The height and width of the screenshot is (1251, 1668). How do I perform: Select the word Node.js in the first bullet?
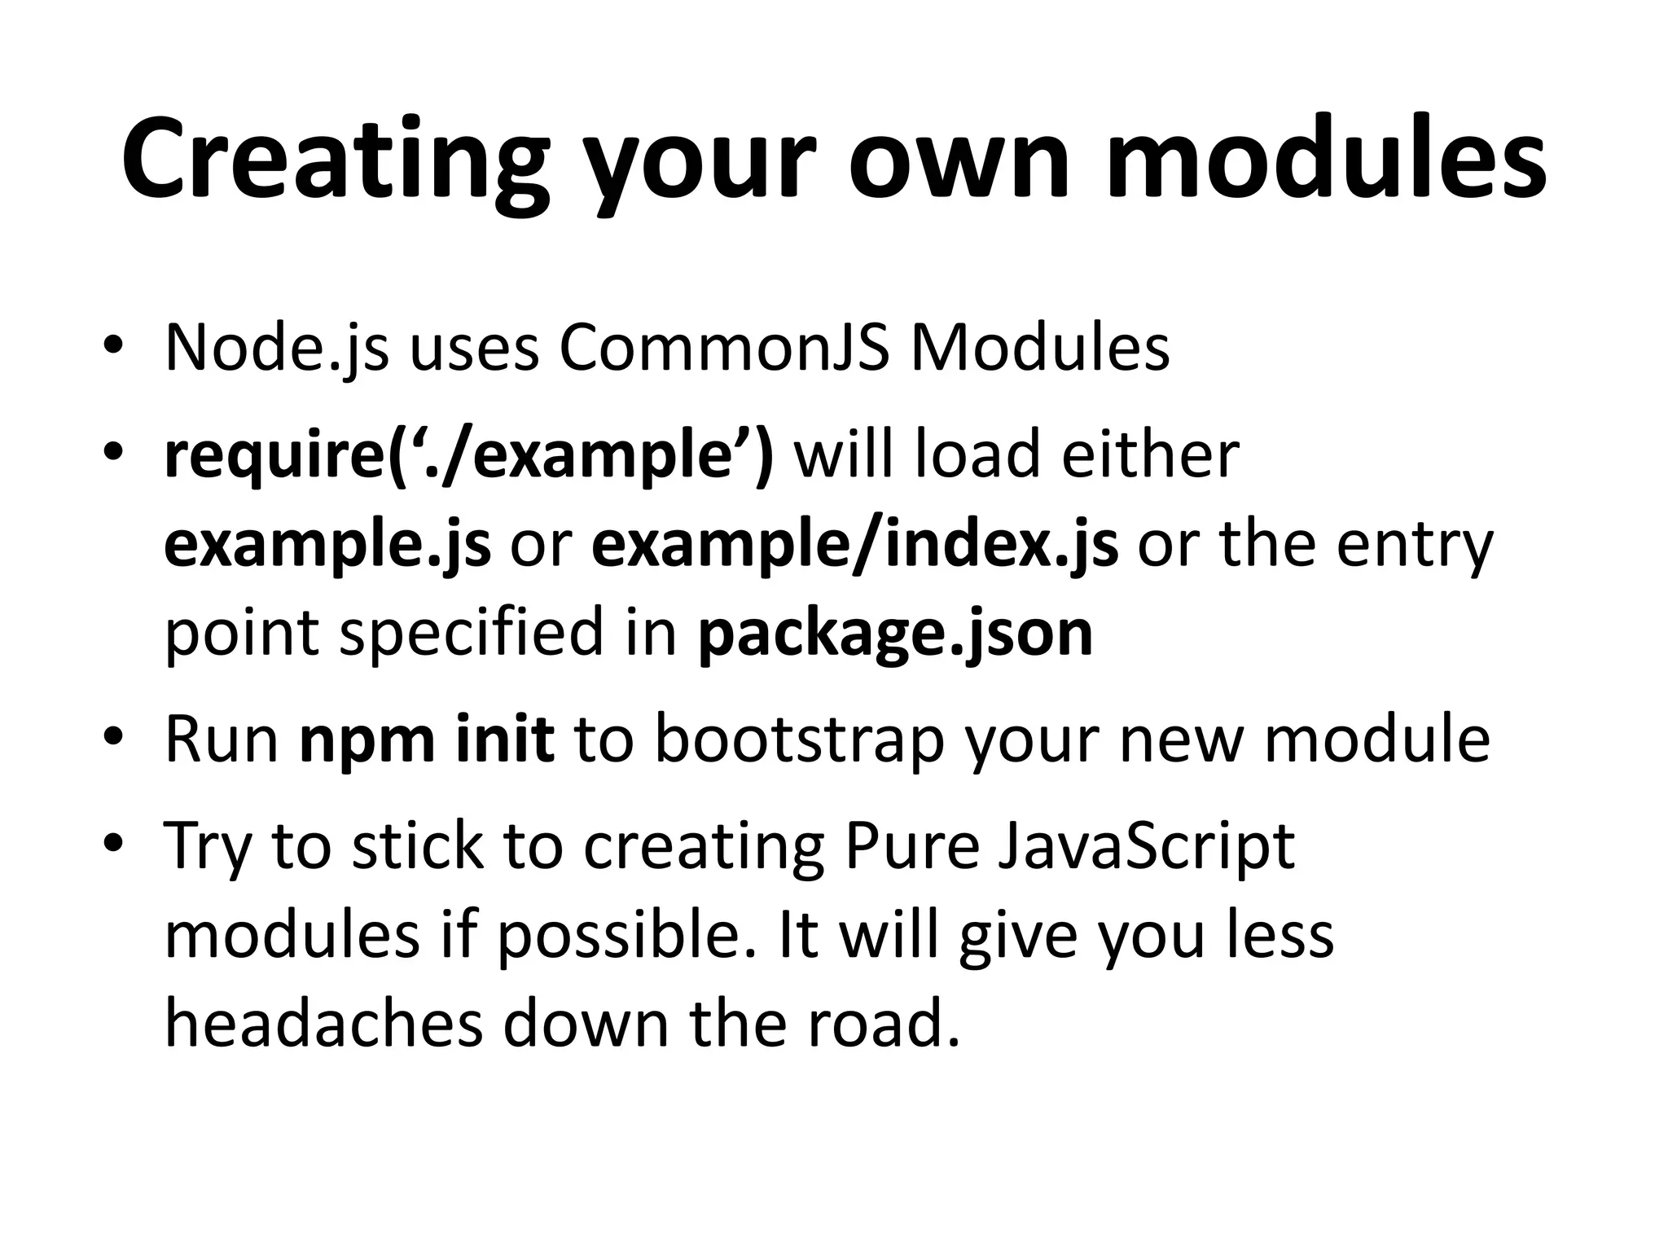277,349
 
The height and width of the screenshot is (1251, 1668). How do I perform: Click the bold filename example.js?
327,546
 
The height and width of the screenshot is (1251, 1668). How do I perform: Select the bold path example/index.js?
854,546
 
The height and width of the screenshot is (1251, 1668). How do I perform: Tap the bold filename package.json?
895,634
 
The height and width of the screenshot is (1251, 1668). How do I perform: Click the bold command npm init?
427,740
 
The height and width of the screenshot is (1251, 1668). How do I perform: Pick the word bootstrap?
799,740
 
